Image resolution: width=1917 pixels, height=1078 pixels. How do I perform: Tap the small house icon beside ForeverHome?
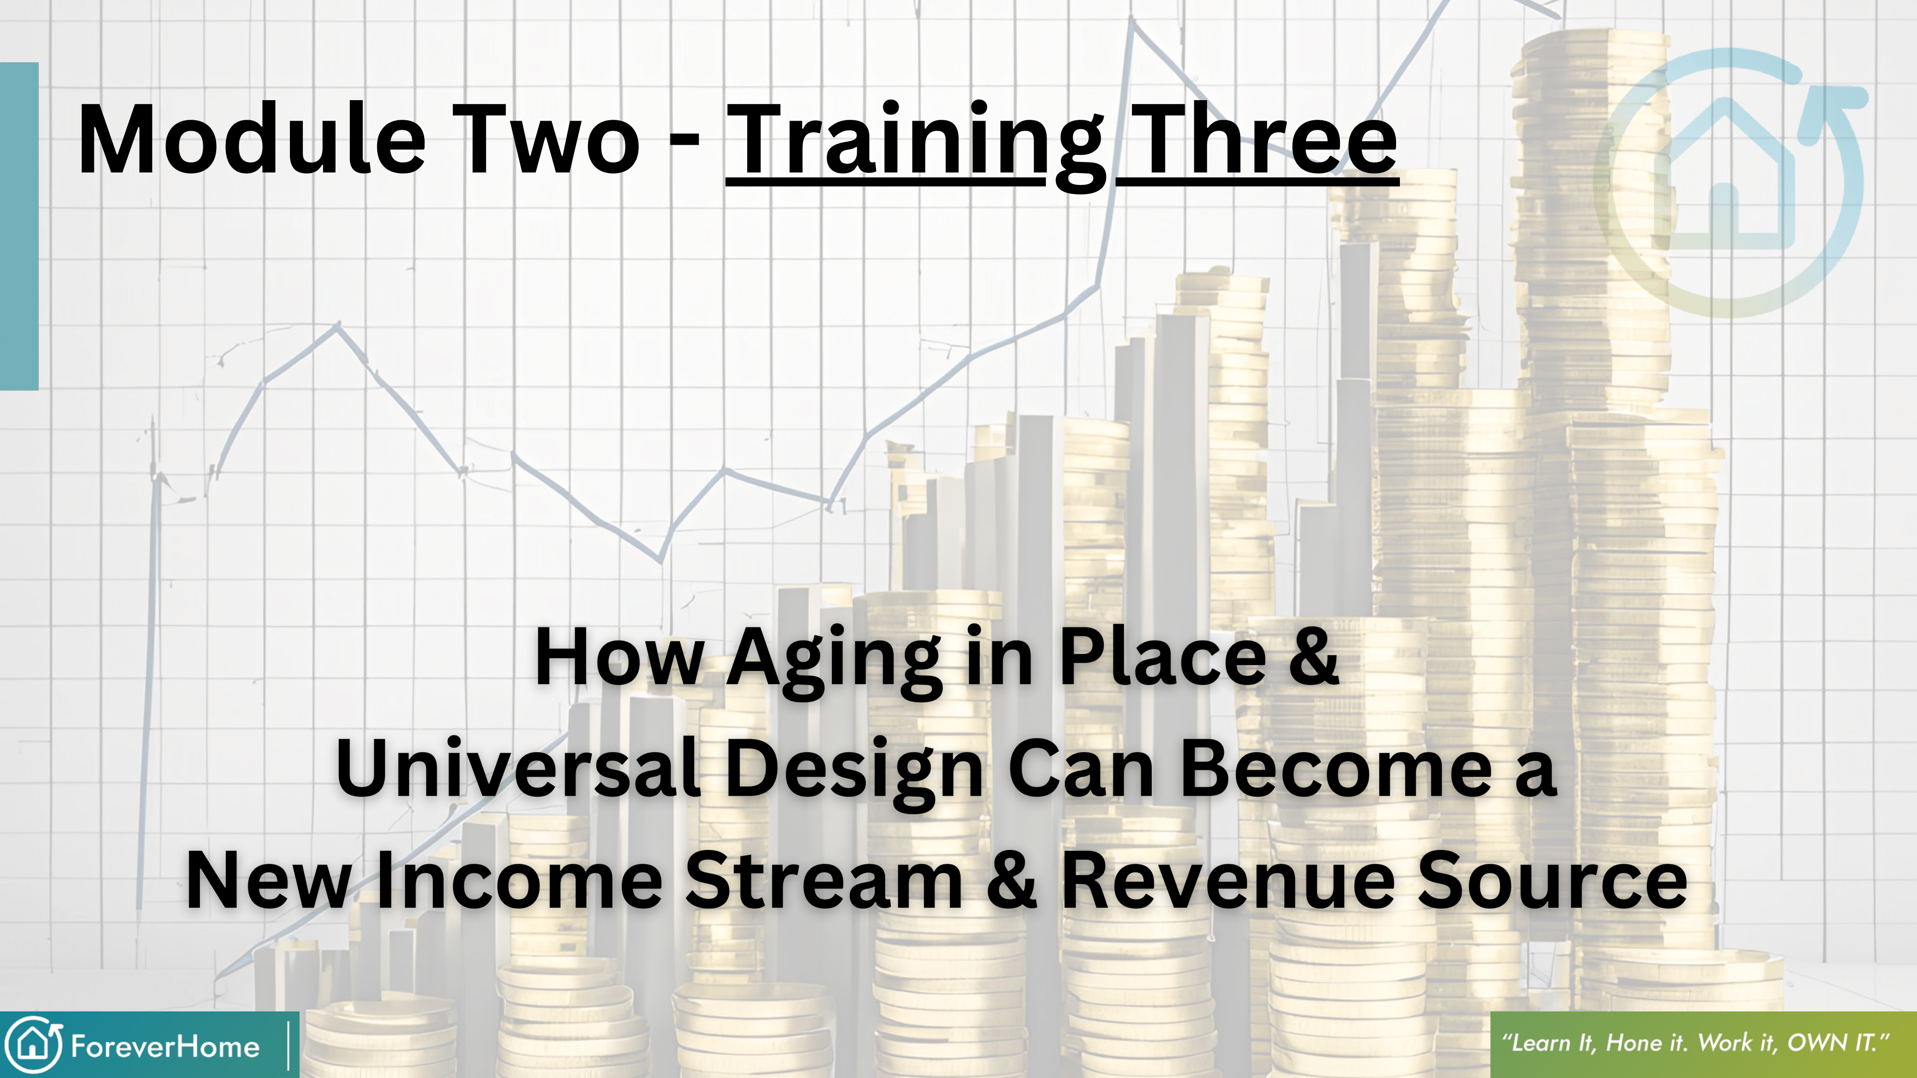click(34, 1044)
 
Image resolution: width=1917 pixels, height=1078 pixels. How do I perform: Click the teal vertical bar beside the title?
click(19, 226)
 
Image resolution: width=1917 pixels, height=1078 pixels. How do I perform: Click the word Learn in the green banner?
click(1537, 1042)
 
